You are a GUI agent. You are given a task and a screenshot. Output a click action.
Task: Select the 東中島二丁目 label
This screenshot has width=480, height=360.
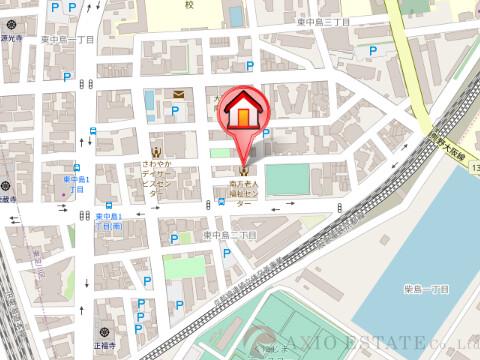(x=230, y=235)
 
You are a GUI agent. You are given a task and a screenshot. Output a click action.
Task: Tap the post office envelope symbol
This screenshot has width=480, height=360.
(x=178, y=95)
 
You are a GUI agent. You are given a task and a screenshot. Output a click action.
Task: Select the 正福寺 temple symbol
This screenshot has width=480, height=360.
(x=102, y=331)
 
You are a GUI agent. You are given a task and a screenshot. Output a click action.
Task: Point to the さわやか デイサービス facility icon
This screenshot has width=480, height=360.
(x=155, y=150)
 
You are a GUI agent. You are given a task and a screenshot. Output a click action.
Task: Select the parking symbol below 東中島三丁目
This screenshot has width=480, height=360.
(x=374, y=51)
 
